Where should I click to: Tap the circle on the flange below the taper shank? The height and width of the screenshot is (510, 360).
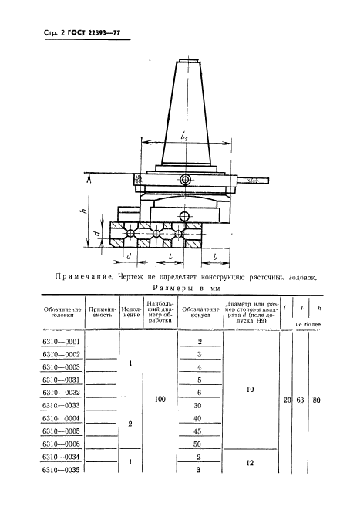pos(185,180)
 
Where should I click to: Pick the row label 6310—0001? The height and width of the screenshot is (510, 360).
pos(61,340)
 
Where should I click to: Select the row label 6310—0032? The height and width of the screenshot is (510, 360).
pos(61,391)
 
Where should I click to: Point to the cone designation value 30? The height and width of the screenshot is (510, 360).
pos(199,404)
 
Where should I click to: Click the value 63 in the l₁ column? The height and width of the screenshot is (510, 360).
pos(301,400)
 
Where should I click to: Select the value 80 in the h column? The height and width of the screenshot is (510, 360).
pos(318,400)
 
